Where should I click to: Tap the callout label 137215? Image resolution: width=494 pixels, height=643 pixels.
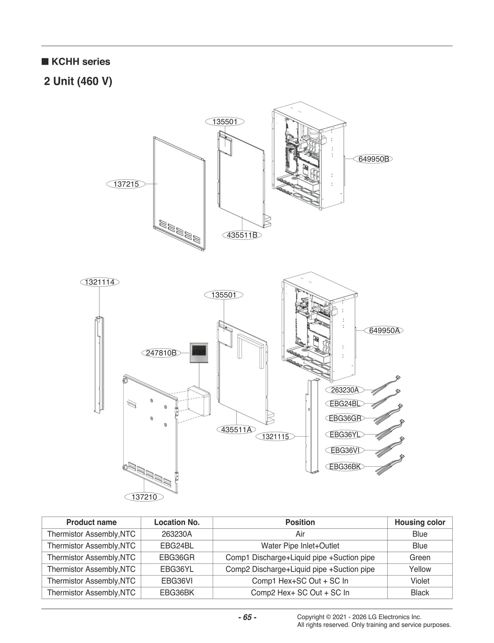(x=126, y=184)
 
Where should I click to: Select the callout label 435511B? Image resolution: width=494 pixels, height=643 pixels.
(x=242, y=235)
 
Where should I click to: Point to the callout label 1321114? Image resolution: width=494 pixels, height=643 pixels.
(x=99, y=282)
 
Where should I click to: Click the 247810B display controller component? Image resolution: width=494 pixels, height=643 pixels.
(x=199, y=353)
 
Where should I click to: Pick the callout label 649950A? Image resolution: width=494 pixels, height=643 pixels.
(x=384, y=330)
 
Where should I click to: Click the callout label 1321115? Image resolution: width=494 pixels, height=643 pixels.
(x=275, y=437)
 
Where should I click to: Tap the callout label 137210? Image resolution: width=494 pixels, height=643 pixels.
(x=144, y=497)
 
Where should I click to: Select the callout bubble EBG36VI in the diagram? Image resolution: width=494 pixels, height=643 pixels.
(x=345, y=450)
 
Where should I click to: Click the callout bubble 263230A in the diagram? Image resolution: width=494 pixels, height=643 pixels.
(x=345, y=390)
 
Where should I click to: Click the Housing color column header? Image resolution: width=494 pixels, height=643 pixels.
(x=420, y=522)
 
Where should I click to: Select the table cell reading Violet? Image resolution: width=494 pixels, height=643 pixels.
(x=420, y=581)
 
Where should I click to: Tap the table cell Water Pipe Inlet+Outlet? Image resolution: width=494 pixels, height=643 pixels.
(x=300, y=546)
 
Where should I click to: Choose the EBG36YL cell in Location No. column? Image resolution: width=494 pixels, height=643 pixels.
(x=177, y=569)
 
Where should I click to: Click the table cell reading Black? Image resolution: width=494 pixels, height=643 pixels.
(x=420, y=593)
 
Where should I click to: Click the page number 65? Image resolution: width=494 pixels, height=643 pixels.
(x=247, y=617)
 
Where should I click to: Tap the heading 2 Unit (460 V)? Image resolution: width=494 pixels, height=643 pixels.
(x=78, y=81)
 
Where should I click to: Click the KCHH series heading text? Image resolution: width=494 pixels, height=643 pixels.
(x=81, y=62)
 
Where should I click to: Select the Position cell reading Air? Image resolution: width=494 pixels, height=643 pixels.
(x=300, y=534)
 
